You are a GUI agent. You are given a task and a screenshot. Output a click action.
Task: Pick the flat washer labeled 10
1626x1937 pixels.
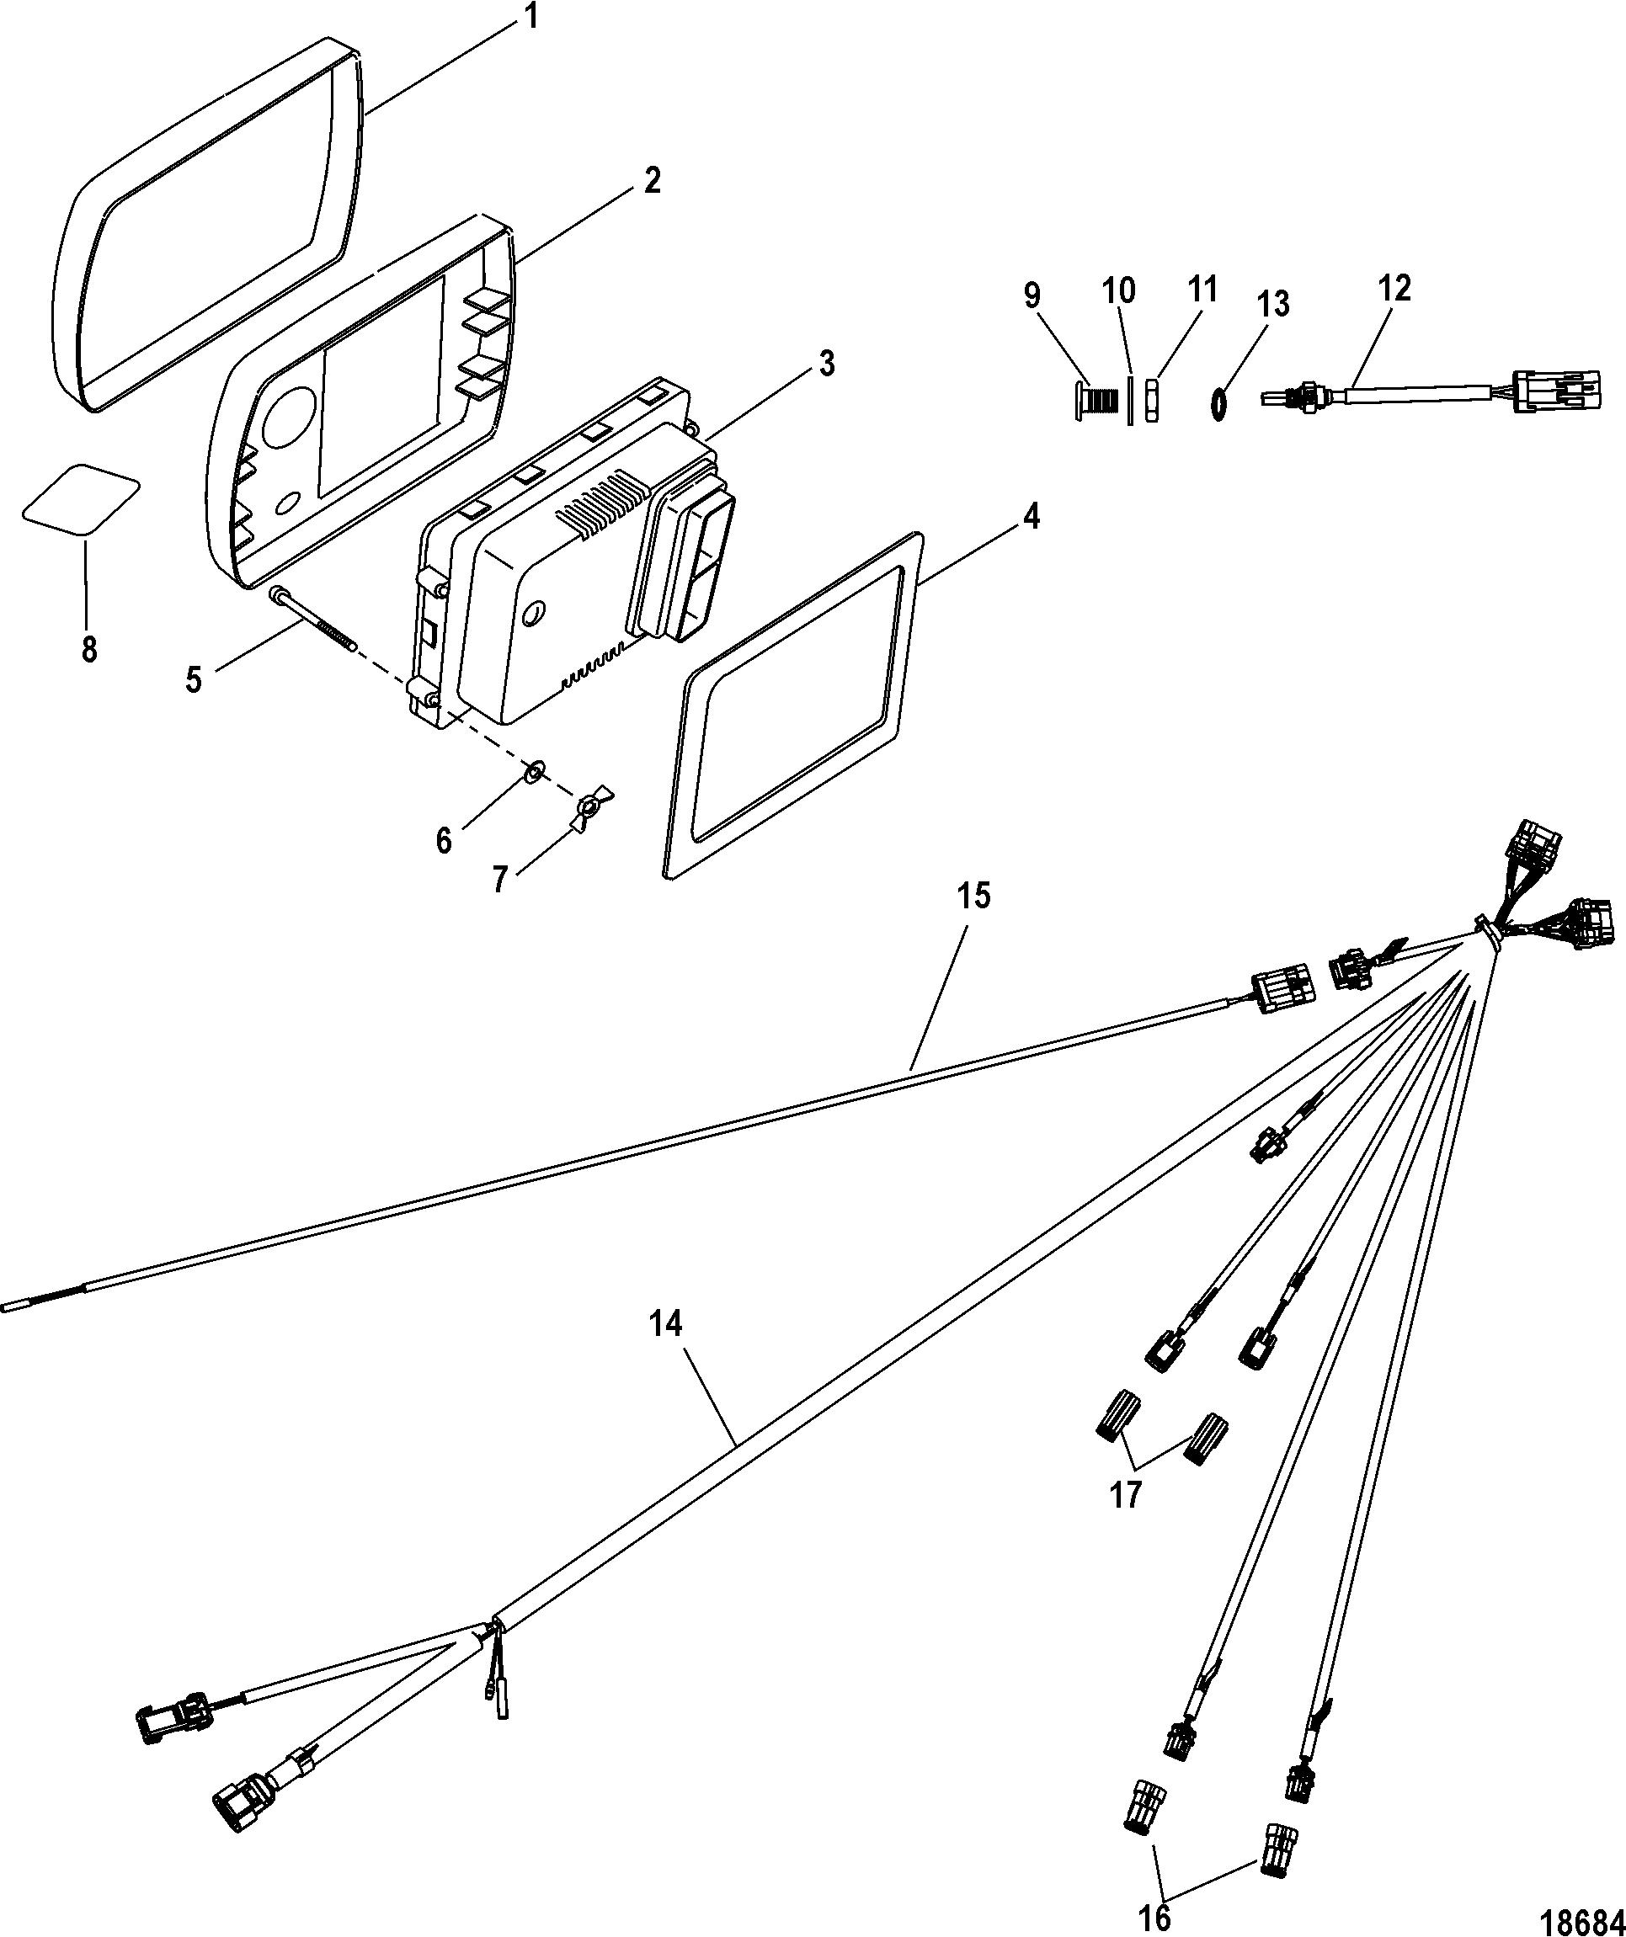(1129, 399)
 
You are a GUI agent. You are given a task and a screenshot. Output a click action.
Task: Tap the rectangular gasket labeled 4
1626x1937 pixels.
(792, 705)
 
